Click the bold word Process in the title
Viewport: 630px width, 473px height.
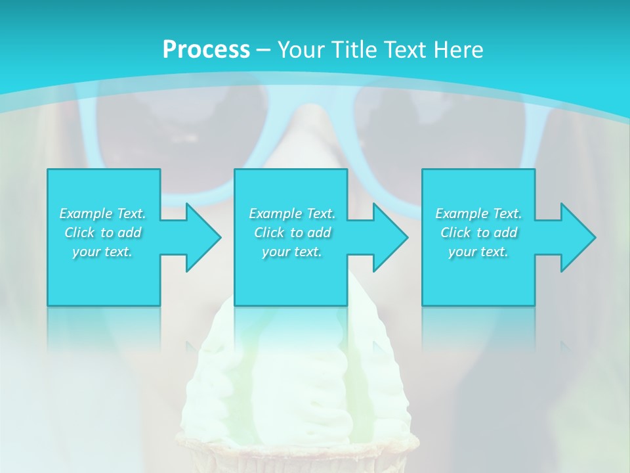click(x=206, y=50)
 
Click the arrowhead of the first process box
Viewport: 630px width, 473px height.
click(x=203, y=237)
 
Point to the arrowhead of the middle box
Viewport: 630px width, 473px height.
click(x=390, y=237)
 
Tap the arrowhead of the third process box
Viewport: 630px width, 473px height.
click(x=577, y=237)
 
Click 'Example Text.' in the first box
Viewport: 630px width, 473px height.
click(x=103, y=214)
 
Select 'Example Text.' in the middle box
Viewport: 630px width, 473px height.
click(x=292, y=214)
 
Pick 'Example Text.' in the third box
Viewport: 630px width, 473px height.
click(x=478, y=214)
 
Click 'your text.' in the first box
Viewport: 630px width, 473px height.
click(x=103, y=252)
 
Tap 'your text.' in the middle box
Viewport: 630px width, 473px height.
click(x=292, y=252)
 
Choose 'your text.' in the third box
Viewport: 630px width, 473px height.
click(x=478, y=252)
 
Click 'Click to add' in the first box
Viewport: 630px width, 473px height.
click(x=103, y=233)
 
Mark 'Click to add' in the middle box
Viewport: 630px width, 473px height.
click(x=292, y=233)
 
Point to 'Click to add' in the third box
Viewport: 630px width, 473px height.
click(x=478, y=233)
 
